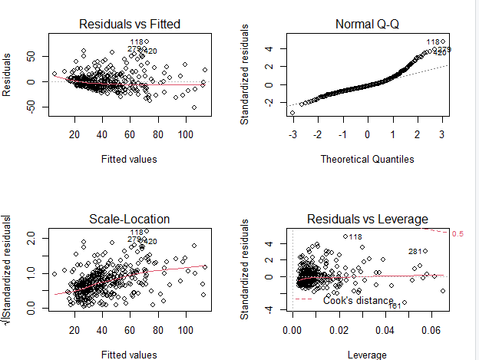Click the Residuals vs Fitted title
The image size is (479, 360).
pos(130,25)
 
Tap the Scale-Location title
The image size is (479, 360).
pos(130,220)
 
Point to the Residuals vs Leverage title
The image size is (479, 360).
pos(368,220)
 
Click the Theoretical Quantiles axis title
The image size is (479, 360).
pos(368,160)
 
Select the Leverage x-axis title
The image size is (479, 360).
pos(368,355)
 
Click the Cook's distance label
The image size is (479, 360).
pos(358,301)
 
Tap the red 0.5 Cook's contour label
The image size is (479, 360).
pos(457,233)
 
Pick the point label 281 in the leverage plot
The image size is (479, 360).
pos(415,252)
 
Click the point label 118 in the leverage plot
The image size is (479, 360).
pos(355,237)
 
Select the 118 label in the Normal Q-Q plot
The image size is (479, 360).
pos(433,42)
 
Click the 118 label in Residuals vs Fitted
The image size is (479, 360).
pos(137,42)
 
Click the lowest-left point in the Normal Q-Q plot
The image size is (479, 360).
pos(292,113)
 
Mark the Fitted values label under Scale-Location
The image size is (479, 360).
pos(130,355)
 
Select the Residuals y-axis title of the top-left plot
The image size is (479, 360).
pos(8,74)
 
